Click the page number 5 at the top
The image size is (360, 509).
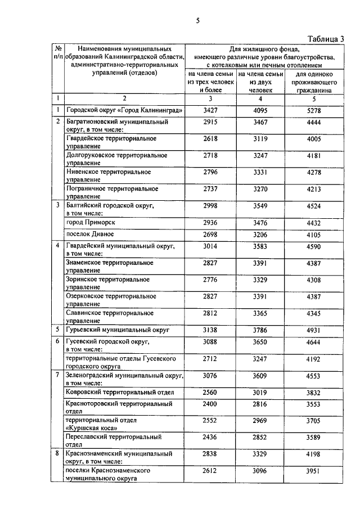pos(197,21)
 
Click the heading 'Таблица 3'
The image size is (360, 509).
pos(327,38)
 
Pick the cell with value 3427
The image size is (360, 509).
pos(209,110)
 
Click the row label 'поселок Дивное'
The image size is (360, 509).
pos(90,234)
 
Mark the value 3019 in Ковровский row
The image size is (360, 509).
pos(259,393)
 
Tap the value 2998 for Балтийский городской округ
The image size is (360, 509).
pos(209,206)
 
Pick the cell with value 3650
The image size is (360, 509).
pos(259,341)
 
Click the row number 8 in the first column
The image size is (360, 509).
pos(58,453)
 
